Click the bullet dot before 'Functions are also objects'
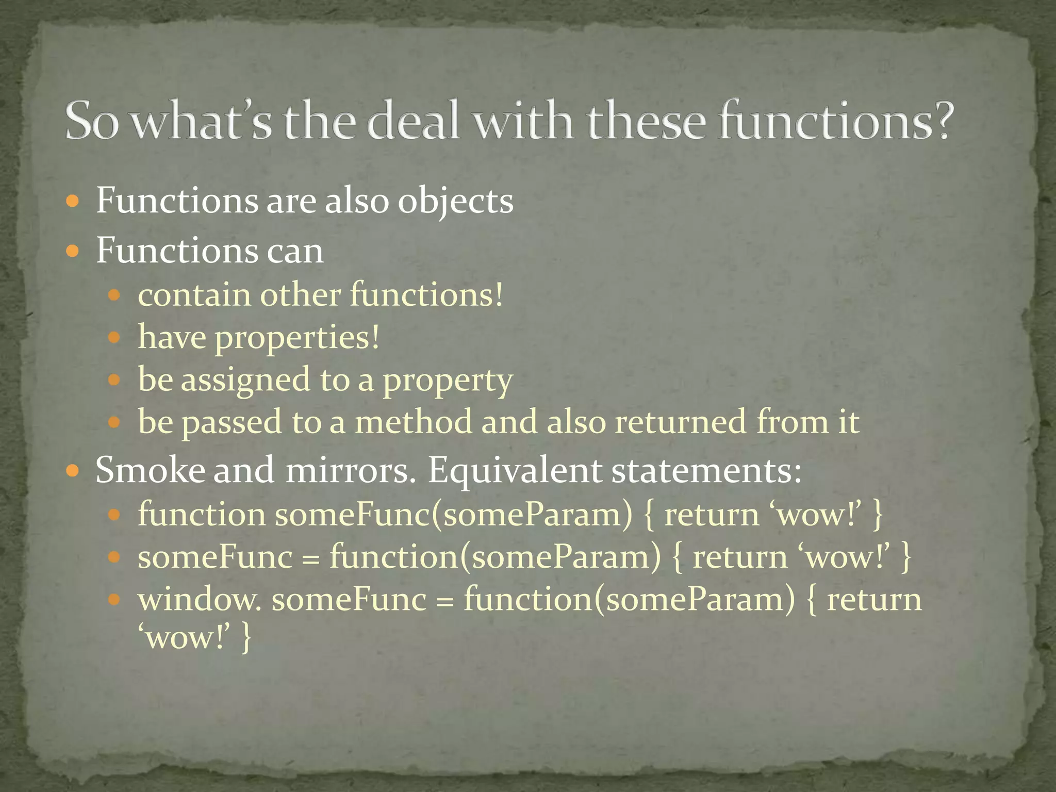tap(73, 201)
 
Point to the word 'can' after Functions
tap(295, 251)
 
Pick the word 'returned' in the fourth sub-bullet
tap(680, 422)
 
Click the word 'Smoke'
tap(150, 471)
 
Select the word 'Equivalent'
tap(515, 471)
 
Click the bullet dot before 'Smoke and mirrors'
tap(73, 470)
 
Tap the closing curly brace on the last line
tap(246, 638)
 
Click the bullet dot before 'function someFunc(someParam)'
tap(114, 515)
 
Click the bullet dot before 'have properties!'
tap(114, 338)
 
